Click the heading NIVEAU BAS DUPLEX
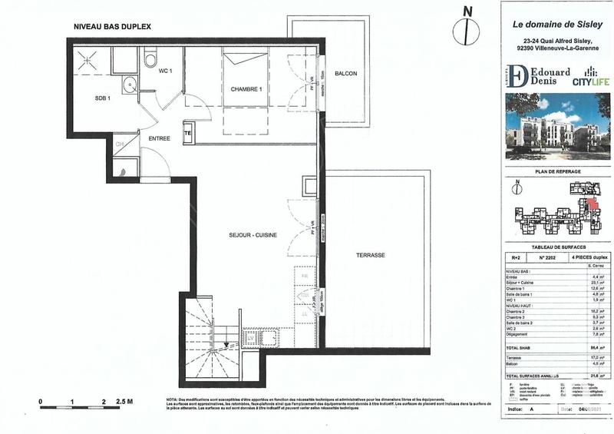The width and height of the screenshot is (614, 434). pos(112,26)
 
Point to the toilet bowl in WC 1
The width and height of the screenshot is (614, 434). pos(151,57)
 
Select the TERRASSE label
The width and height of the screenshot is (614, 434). pos(370,254)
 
